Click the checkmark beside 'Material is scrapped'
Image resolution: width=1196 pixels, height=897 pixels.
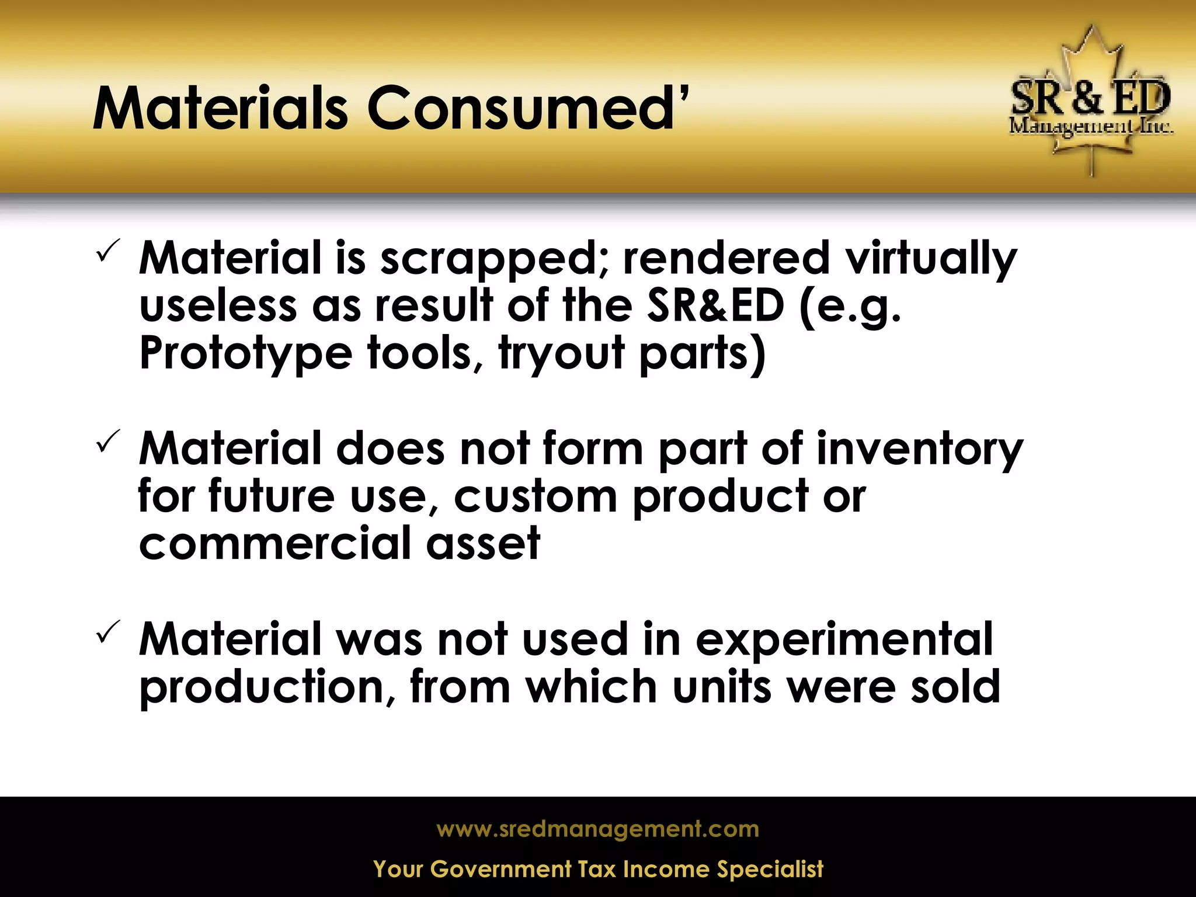point(108,251)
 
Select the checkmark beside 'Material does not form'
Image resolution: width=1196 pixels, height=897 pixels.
point(108,441)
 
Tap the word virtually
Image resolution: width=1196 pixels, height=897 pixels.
point(932,259)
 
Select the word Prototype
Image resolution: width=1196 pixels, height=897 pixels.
point(246,354)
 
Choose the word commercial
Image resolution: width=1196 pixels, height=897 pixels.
point(275,543)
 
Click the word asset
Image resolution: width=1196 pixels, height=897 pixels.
point(483,543)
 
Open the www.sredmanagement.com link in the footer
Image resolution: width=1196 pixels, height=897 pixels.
point(598,829)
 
